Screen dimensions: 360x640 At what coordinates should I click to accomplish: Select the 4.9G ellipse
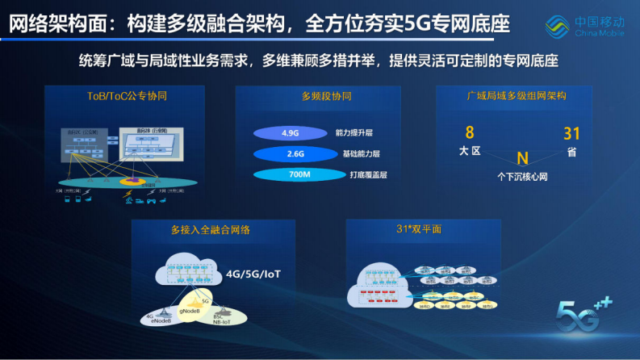290,133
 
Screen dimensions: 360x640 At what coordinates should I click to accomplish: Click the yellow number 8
469,132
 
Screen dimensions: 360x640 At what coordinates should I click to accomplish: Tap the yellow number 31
571,133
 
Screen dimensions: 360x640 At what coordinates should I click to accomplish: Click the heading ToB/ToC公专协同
127,96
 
